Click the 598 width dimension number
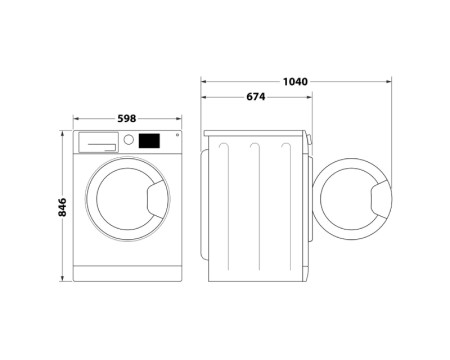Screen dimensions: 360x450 pyautogui.click(x=127, y=119)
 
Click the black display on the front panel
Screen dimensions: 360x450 pyautogui.click(x=149, y=141)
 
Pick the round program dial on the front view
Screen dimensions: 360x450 pyautogui.click(x=129, y=141)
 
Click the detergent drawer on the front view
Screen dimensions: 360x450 pyautogui.click(x=97, y=142)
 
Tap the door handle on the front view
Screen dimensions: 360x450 pyautogui.click(x=156, y=202)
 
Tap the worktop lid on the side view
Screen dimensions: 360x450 pyautogui.click(x=255, y=133)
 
